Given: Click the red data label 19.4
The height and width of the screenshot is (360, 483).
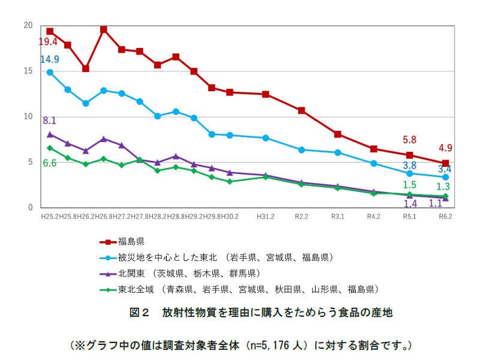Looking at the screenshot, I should (48, 42).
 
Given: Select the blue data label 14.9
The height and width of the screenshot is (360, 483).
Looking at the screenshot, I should (49, 59).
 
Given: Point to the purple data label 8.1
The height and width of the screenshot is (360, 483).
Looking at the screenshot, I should (49, 121).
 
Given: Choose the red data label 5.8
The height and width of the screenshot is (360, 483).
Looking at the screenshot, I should (409, 140).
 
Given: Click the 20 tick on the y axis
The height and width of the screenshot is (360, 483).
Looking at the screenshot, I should (28, 25).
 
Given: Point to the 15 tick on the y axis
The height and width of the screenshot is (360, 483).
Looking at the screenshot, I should (28, 71).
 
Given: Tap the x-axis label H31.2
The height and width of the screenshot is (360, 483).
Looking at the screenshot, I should (265, 215).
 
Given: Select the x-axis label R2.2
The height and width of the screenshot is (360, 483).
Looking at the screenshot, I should (301, 215).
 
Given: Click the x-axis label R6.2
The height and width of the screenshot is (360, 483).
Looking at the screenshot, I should (445, 215).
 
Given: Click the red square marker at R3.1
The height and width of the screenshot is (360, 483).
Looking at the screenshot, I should (338, 134).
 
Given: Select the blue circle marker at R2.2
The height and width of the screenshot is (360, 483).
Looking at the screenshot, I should (302, 149).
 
